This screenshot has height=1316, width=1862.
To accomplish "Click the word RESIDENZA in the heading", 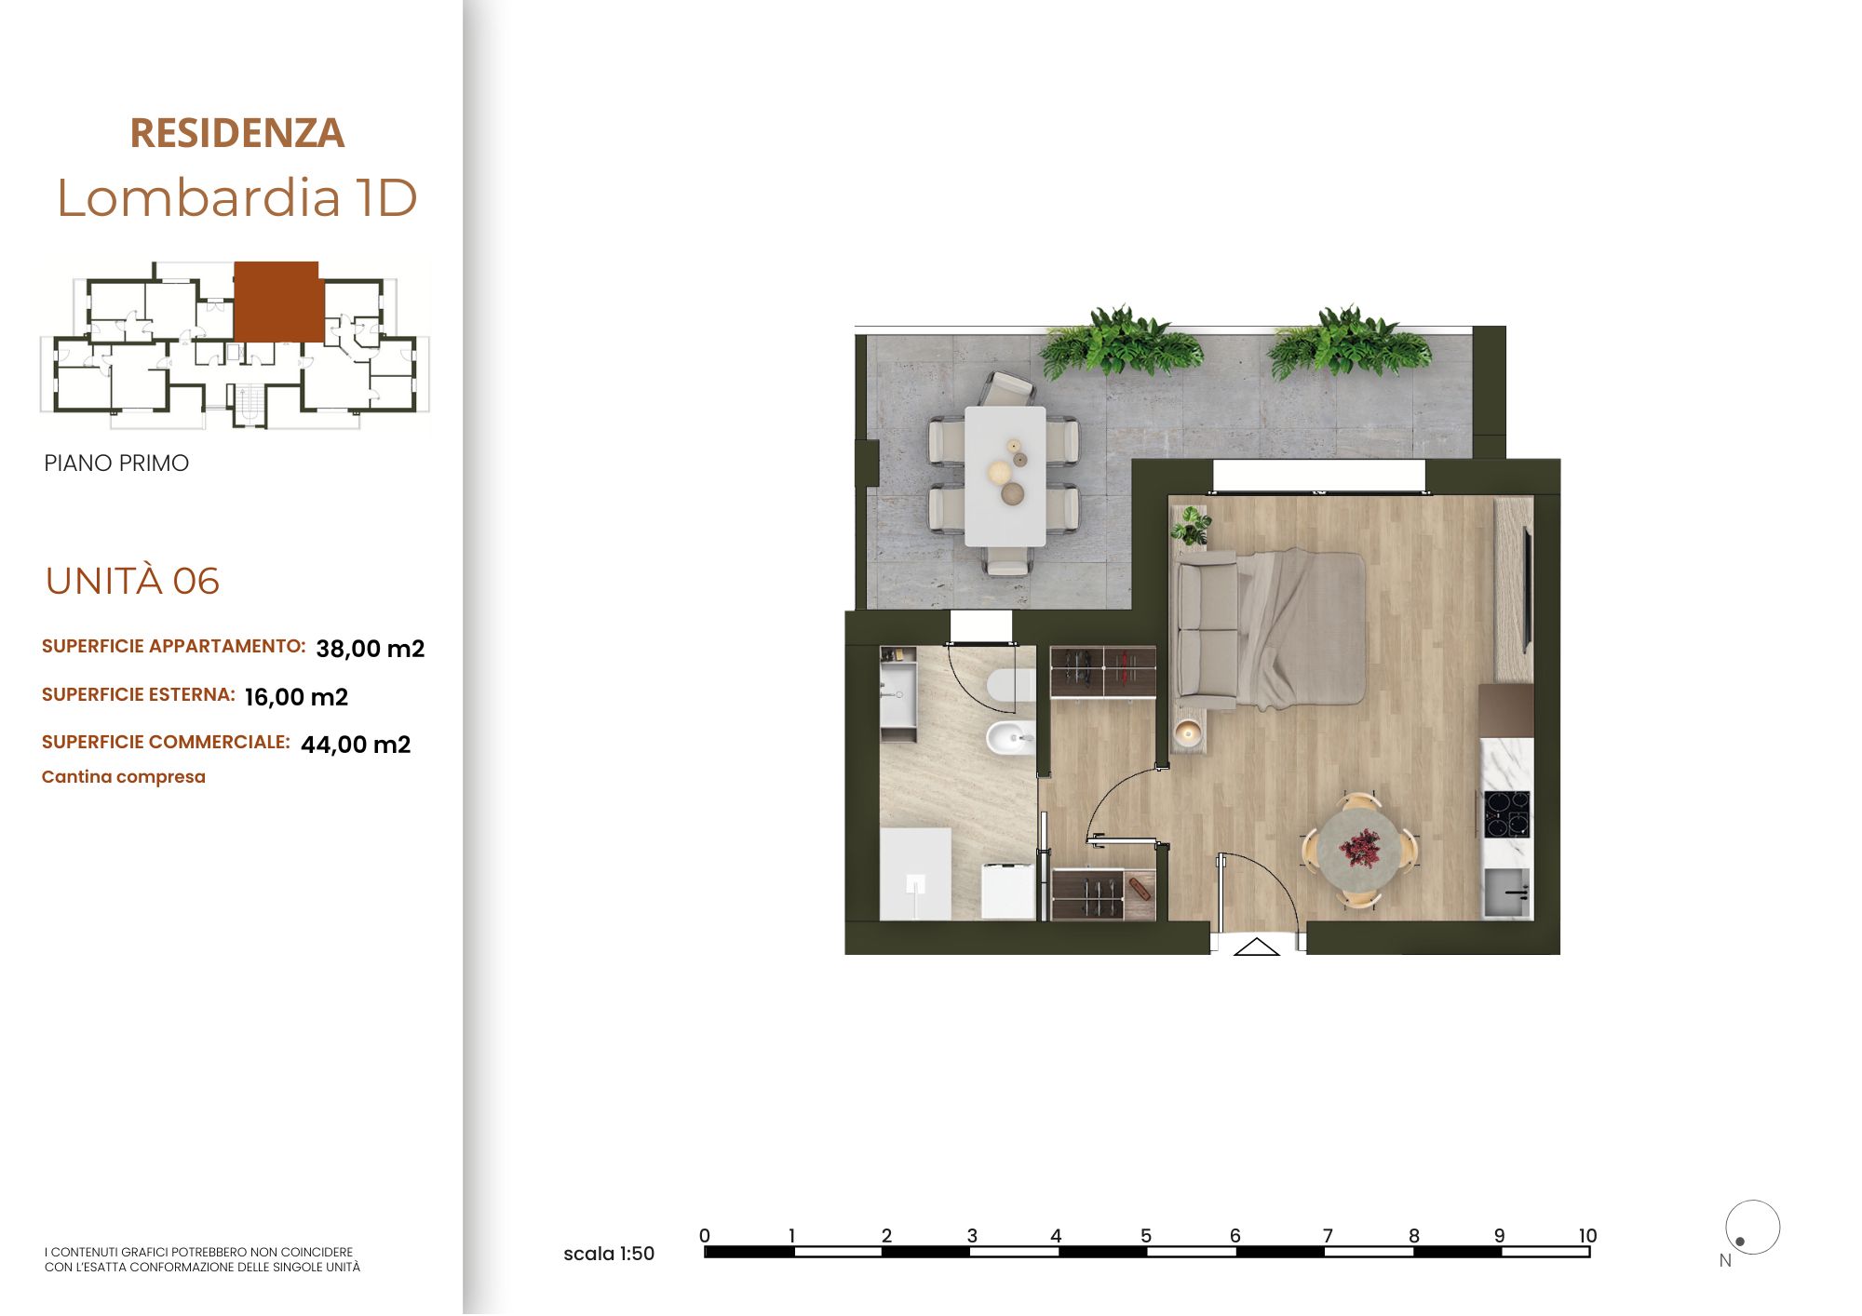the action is tap(237, 133).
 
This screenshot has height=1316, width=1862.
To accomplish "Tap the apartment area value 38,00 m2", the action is tap(371, 649).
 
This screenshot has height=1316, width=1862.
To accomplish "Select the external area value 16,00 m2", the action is tap(296, 697).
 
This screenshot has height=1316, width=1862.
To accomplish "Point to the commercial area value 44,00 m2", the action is tap(356, 745).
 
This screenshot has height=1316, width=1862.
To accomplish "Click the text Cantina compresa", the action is tap(124, 777).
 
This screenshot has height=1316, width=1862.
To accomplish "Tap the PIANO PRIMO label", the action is tap(116, 463).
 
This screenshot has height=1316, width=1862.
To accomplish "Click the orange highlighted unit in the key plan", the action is tap(277, 302).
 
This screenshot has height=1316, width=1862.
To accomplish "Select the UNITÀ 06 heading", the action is tap(132, 581).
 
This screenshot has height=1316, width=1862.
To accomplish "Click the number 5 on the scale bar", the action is tap(1146, 1236).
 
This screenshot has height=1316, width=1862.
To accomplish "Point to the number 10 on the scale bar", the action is tap(1587, 1236).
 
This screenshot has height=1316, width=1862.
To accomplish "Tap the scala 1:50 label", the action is tap(609, 1254).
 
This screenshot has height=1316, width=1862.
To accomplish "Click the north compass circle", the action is tap(1752, 1228).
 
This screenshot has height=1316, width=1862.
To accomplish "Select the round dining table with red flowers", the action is tap(1359, 850).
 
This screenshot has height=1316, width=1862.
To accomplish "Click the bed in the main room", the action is tap(1302, 629).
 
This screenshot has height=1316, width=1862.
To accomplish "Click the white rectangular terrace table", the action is tap(1005, 477).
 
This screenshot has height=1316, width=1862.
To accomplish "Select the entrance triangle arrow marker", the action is tap(1257, 947).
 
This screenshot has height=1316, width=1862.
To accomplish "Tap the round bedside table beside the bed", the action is tap(1188, 733).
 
